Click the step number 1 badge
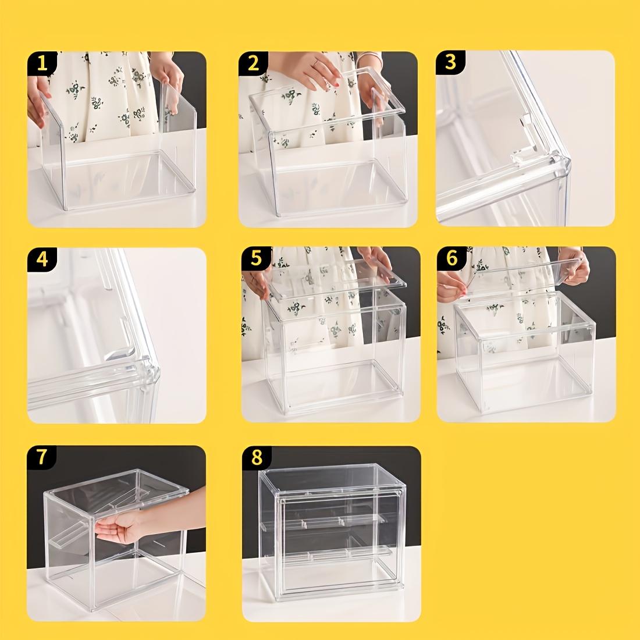pyautogui.click(x=41, y=63)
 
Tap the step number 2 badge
pyautogui.click(x=253, y=63)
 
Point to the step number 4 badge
pyautogui.click(x=41, y=259)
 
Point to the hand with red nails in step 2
pyautogui.click(x=317, y=73)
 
